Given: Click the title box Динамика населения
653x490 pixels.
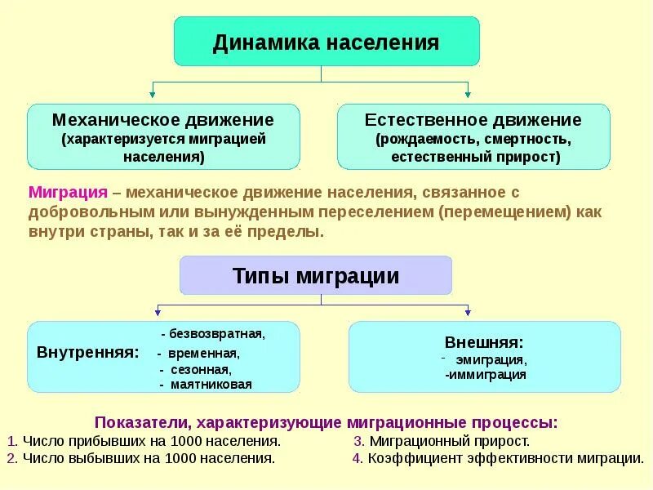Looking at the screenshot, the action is coord(326,42).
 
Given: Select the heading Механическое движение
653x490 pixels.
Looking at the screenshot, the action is coord(163,120).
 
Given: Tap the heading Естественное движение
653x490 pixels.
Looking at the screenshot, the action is coord(473,120).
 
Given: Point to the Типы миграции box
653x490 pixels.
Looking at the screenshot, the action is coord(316,276).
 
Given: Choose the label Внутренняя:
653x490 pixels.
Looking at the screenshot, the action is coord(87,353).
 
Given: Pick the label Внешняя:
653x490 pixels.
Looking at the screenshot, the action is coord(484,342).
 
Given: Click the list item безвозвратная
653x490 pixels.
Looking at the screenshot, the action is coord(215,334).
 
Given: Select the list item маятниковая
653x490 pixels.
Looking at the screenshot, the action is coord(210,384).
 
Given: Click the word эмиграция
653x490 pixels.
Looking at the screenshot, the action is coord(491,359).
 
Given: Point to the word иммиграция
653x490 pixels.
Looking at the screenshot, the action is coord(487,375).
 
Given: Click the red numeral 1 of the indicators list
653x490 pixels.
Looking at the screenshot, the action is coord(11,440).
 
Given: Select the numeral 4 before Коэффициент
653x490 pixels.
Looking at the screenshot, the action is coord(357,458).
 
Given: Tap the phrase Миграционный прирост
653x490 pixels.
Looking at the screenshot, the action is coord(450,440).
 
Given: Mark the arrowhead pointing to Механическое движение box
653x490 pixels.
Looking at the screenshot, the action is coord(151,96).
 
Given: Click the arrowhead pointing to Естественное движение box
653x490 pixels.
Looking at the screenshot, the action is coord(468,96).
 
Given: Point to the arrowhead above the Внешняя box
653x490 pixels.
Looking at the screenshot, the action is coord(468,311).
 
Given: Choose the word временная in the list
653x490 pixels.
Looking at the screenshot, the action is coord(204,354).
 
